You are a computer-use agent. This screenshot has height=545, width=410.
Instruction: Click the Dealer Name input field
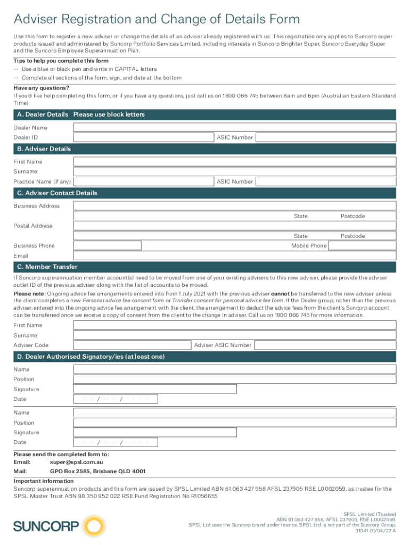pyautogui.click(x=235, y=128)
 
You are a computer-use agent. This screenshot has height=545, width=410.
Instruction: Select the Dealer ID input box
pyautogui.click(x=143, y=138)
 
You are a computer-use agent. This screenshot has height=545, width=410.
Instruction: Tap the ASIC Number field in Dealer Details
pyautogui.click(x=325, y=138)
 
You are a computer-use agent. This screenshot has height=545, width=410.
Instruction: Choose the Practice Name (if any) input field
pyautogui.click(x=143, y=182)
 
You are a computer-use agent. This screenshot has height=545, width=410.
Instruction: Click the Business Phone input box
pyautogui.click(x=108, y=246)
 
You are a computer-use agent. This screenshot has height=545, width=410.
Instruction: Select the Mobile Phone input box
pyautogui.click(x=362, y=246)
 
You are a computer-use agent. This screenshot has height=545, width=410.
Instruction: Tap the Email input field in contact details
pyautogui.click(x=235, y=256)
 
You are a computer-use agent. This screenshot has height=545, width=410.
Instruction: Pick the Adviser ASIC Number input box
pyautogui.click(x=325, y=345)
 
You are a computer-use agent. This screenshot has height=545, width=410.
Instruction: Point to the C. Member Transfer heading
pyautogui.click(x=47, y=267)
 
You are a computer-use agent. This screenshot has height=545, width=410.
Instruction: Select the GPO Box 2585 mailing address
pyautogui.click(x=97, y=472)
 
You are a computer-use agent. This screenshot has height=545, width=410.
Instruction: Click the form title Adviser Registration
pyautogui.click(x=157, y=20)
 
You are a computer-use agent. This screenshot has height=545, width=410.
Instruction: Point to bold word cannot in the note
pyautogui.click(x=280, y=294)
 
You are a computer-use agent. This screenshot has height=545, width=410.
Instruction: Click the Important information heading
pyautogui.click(x=44, y=481)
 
